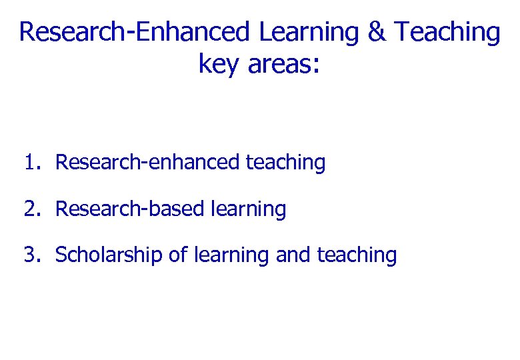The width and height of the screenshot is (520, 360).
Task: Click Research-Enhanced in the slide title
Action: pos(135,32)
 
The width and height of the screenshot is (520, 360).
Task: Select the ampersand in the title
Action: pos(377,32)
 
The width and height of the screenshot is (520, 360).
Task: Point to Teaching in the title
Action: pos(447,32)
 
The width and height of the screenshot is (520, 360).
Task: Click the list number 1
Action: pos(29,162)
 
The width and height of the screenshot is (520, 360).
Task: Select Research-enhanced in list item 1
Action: pos(147,162)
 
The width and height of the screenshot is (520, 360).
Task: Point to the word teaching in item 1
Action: pos(285,163)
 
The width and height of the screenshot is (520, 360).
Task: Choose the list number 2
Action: pos(29,209)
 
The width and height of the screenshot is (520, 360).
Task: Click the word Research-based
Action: pos(129,209)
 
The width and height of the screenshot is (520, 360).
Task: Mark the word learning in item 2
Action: pos(247,209)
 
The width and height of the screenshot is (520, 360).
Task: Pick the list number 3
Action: pos(29,255)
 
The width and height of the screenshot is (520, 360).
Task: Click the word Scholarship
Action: pos(109,255)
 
